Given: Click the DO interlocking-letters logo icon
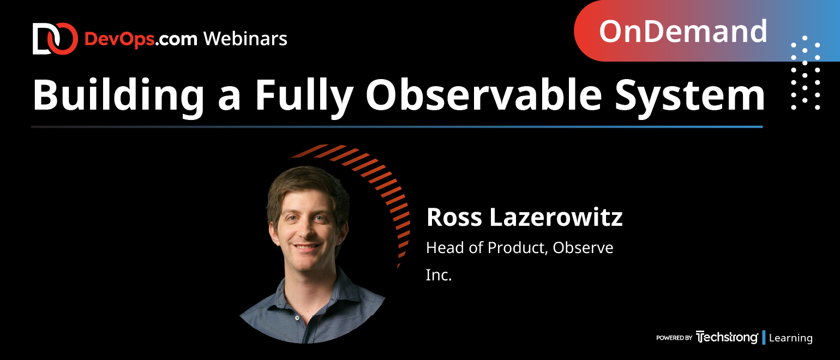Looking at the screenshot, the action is [x=55, y=39].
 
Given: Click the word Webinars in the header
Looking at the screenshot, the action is [x=245, y=39].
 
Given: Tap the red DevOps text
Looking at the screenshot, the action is [x=119, y=39].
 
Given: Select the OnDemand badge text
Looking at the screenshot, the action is [x=683, y=32].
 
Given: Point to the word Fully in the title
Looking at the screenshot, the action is [x=304, y=96].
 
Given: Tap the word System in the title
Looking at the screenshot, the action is [x=689, y=96].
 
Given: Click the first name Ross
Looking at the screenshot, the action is [x=454, y=217].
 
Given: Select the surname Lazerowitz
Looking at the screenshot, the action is [x=556, y=217].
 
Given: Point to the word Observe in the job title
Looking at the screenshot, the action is [x=583, y=248].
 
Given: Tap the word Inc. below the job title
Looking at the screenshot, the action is [x=439, y=275].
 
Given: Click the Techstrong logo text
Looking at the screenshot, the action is [x=727, y=338].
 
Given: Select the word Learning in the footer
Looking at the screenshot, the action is [x=790, y=338].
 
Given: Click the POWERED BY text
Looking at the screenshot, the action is [x=674, y=338].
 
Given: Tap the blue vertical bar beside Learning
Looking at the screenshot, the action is [x=764, y=338].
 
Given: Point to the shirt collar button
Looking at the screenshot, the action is [x=297, y=318].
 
